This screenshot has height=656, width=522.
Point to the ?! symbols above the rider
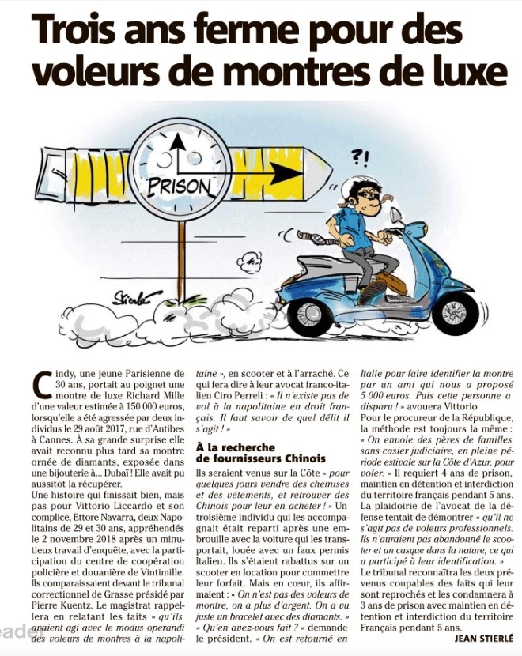pyautogui.click(x=359, y=156)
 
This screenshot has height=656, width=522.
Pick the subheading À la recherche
pyautogui.click(x=233, y=447)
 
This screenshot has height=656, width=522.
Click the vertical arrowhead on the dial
pyautogui.click(x=179, y=141)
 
